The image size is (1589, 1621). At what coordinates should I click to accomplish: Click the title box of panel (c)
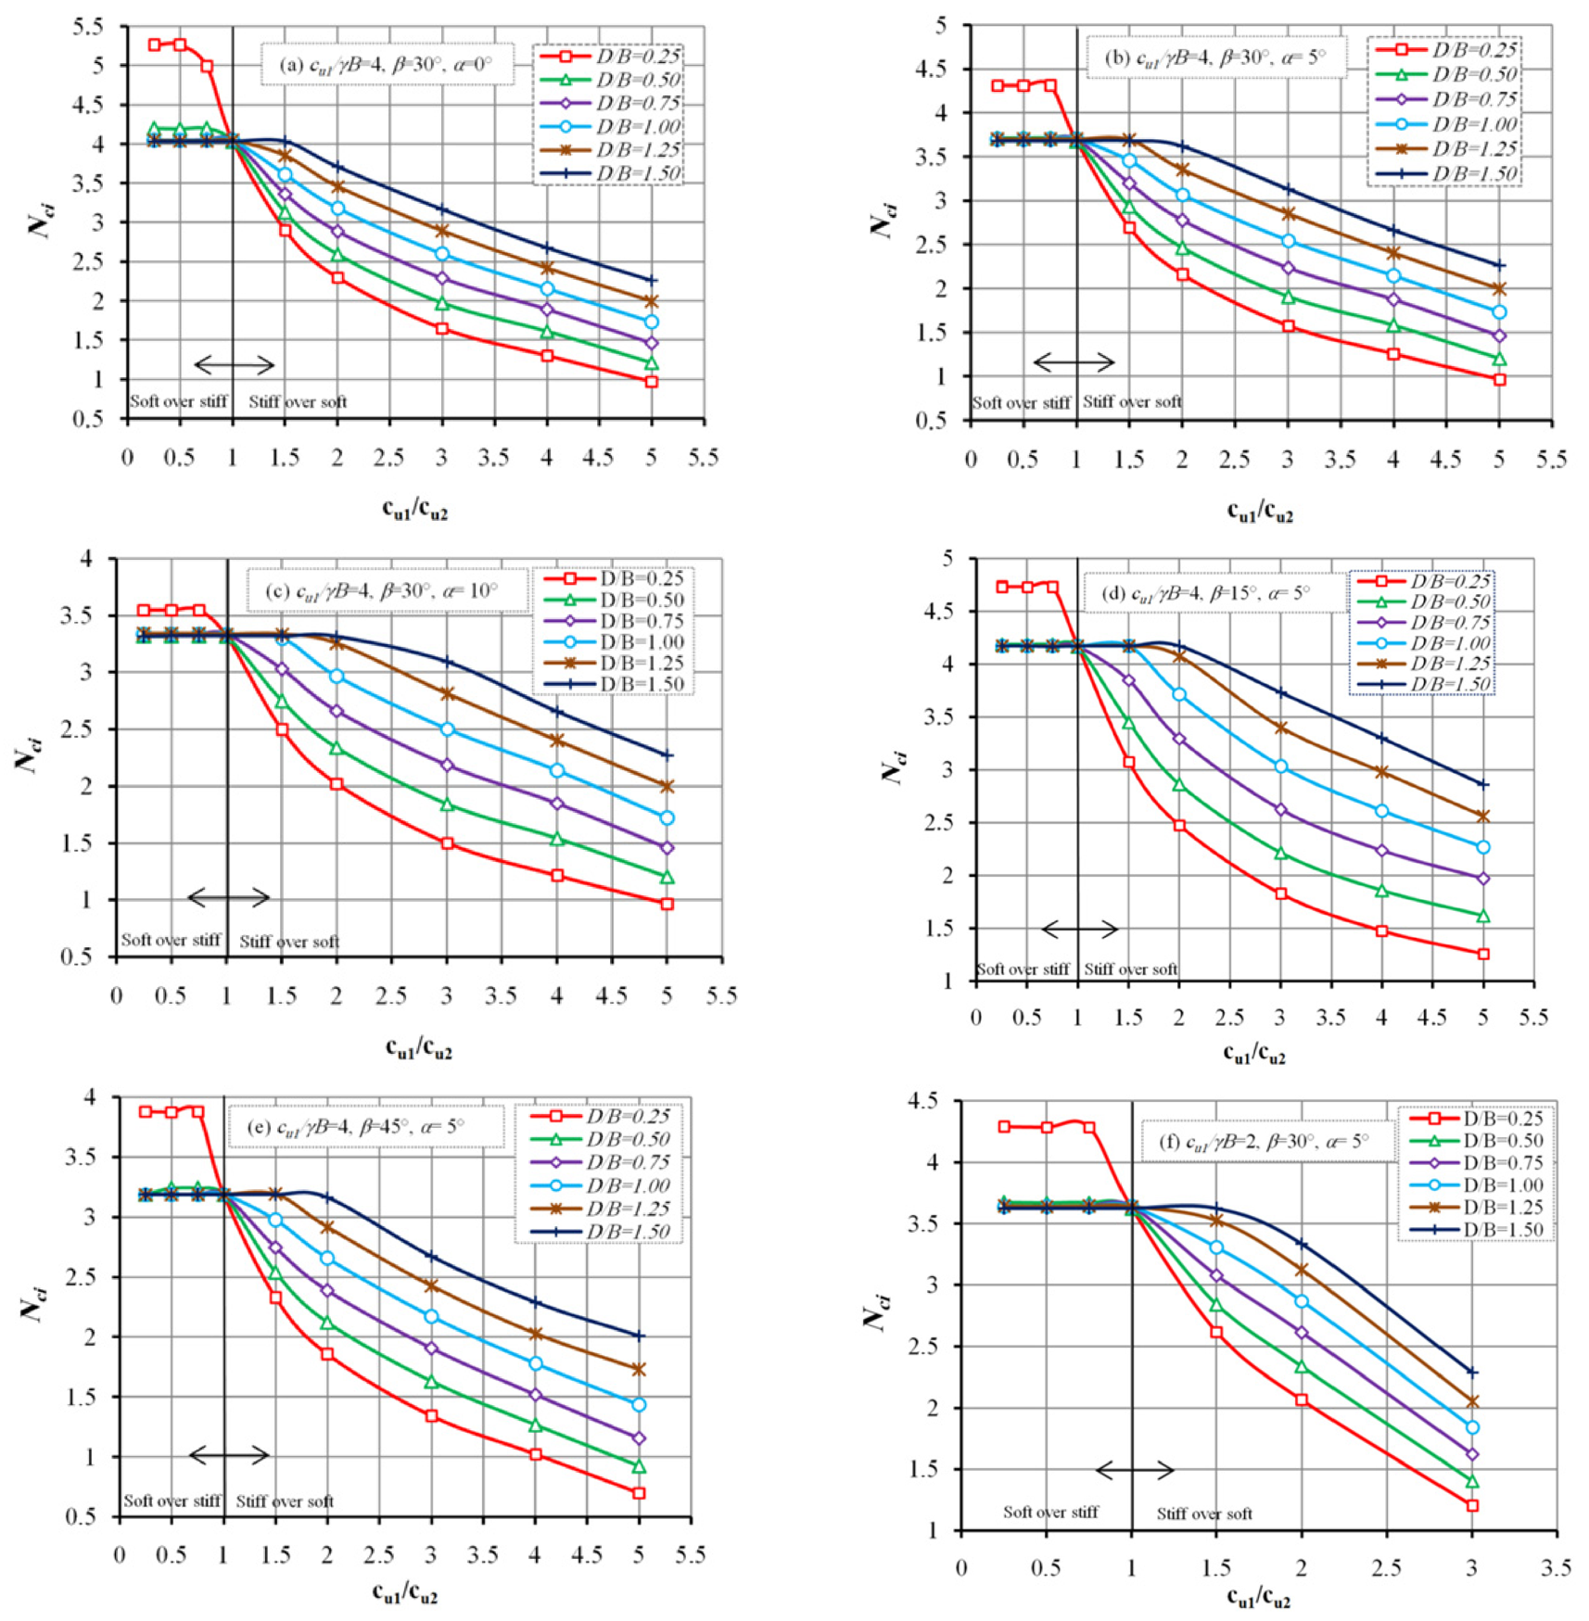[x=388, y=590]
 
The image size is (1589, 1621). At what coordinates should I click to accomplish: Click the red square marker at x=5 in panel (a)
[x=652, y=381]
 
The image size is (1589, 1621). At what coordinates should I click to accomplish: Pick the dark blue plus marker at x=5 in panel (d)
[x=1483, y=784]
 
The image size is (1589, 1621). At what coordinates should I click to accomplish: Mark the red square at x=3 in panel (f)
[x=1472, y=1505]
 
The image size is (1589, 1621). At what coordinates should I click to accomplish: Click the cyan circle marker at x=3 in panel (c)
[x=447, y=729]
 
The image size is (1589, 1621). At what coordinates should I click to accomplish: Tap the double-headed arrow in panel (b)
[x=1074, y=362]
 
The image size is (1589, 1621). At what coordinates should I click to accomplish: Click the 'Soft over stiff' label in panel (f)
[x=1050, y=1512]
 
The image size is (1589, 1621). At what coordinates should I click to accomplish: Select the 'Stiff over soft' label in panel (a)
[x=298, y=401]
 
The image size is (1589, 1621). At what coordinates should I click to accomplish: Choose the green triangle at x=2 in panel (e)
[x=326, y=1323]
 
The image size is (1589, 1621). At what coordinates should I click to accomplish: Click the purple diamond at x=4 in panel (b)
[x=1393, y=299]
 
